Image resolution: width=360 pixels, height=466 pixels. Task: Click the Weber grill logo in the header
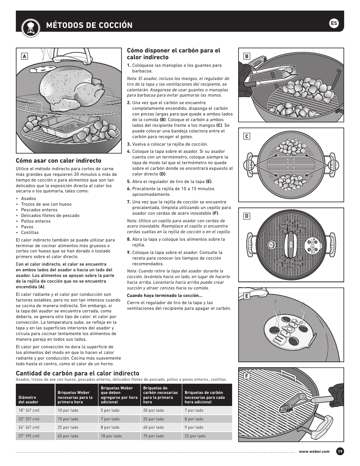[x=29, y=26]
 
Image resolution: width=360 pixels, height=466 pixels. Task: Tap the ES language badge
[x=334, y=23]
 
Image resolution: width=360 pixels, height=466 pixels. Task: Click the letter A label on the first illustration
[x=24, y=56]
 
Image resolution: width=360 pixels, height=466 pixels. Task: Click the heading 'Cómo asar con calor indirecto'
[x=58, y=161]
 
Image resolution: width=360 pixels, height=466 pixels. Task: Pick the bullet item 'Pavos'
[x=27, y=227]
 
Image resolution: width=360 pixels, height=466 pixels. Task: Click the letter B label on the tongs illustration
[x=246, y=57]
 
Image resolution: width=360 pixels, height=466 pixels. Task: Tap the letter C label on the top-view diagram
[x=246, y=137]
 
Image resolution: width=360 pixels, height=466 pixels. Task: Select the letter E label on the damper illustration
[x=246, y=296]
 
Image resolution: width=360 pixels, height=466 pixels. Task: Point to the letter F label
[x=246, y=376]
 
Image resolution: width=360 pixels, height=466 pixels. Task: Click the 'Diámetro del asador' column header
[x=28, y=400]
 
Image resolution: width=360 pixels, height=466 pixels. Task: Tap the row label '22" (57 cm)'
[x=29, y=419]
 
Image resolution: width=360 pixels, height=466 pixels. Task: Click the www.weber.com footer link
[x=314, y=452]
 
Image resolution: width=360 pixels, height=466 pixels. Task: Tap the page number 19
[x=340, y=452]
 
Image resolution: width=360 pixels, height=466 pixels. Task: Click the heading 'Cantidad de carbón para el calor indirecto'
[x=77, y=373]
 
